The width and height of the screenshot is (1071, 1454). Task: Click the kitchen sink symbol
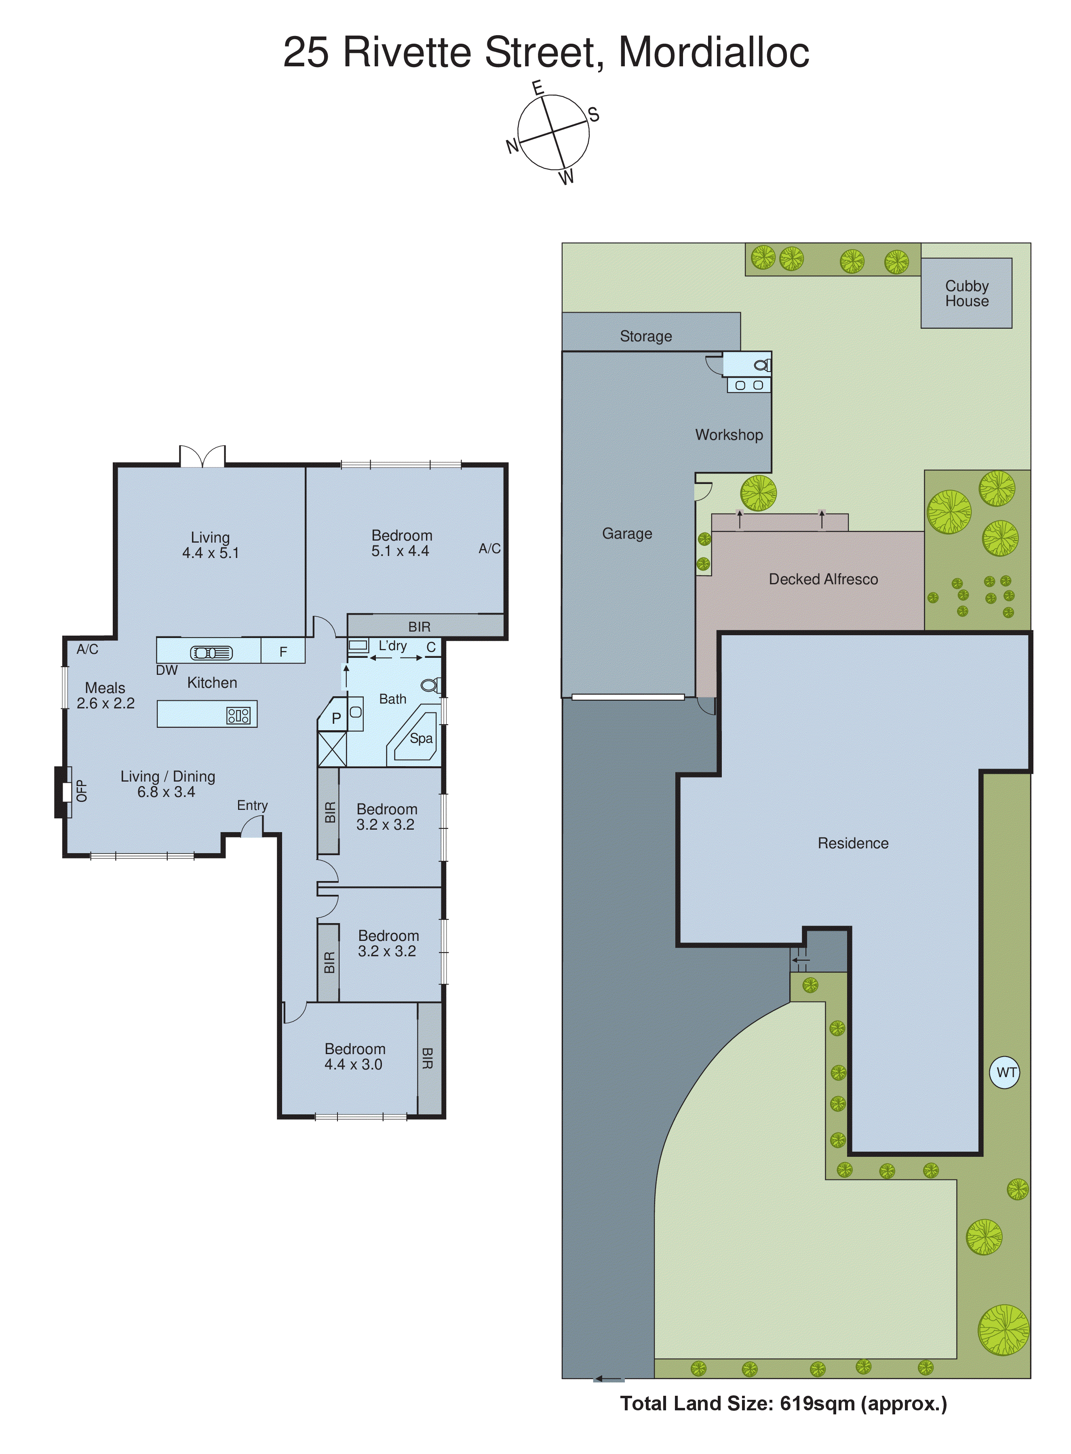211,653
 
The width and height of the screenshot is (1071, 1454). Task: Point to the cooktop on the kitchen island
238,715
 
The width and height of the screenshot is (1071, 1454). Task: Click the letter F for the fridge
283,652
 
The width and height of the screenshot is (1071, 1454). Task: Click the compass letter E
538,88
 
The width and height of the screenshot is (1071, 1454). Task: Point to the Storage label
646,336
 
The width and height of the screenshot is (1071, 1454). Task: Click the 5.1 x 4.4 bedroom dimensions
400,551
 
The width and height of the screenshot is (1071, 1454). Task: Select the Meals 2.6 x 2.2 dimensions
105,703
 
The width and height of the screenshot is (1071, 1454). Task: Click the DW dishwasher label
167,670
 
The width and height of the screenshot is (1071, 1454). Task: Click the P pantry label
336,718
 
